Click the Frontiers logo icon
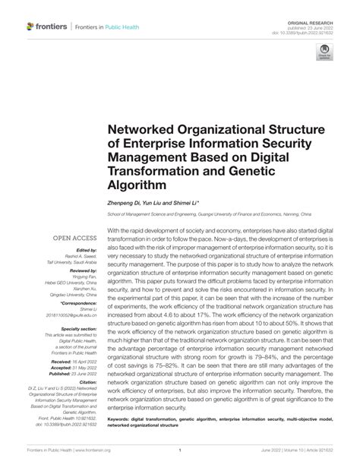point(30,27)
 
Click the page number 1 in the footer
point(179,450)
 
